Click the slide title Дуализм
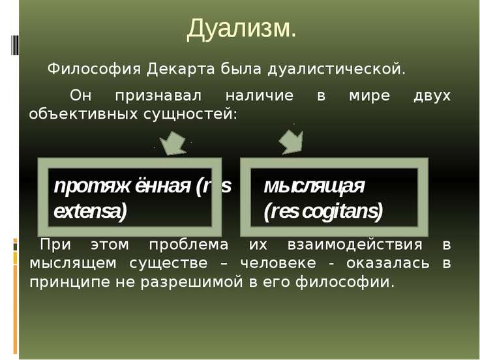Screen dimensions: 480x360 [241, 29]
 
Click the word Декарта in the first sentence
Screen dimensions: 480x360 [181, 70]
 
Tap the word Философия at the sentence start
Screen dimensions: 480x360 [94, 70]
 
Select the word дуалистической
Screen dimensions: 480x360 [337, 70]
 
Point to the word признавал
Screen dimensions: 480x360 [158, 96]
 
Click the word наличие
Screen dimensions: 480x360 [260, 95]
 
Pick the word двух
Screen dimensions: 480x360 [432, 96]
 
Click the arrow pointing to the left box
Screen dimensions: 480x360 [173, 143]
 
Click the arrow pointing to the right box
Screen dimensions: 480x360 [292, 142]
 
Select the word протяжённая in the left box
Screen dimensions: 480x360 [122, 186]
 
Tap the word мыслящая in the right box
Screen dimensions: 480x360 [314, 186]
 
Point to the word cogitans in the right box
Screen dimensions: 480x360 [342, 211]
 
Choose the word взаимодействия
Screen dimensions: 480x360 [355, 245]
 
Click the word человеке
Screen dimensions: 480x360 [278, 263]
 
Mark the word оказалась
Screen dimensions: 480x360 [388, 263]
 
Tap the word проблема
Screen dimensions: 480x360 [188, 245]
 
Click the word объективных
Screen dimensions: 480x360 [83, 115]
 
